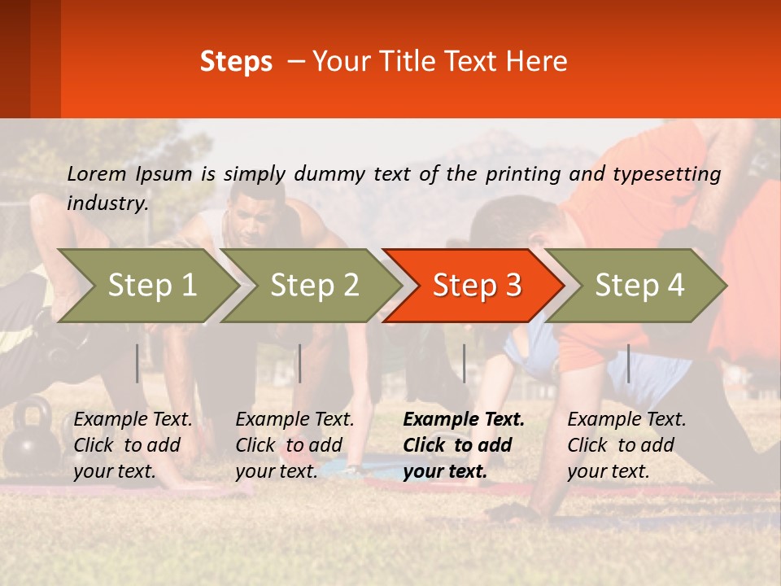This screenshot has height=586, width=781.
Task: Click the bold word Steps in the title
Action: tap(236, 62)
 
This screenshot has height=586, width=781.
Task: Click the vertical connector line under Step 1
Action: tap(137, 363)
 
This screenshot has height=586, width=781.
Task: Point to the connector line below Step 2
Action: tap(300, 363)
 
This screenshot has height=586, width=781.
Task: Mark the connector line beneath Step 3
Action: tap(464, 363)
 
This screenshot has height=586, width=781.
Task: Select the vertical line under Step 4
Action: tap(628, 363)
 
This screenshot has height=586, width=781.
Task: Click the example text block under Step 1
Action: tap(133, 445)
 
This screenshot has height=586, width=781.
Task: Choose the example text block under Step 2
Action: tap(295, 445)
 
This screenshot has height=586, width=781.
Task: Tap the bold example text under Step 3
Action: tap(464, 445)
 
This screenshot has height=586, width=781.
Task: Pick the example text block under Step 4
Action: tap(626, 445)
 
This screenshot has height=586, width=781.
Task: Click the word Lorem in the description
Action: tap(97, 174)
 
